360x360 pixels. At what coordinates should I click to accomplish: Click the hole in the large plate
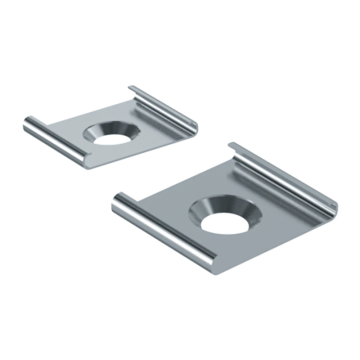[x=222, y=215]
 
